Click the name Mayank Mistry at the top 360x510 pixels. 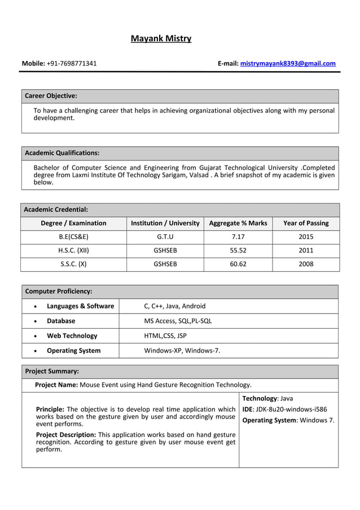161,39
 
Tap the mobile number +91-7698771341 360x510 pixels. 72,63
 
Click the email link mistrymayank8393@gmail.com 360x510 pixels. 288,63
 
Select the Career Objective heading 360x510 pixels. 51,96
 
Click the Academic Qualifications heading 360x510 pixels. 62,153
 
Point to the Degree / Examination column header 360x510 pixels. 73,223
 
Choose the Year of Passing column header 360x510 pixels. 305,223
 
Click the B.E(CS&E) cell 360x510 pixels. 73,237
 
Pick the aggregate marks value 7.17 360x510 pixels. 238,237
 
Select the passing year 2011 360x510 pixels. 305,250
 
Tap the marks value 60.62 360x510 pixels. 238,264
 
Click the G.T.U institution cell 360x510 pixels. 165,237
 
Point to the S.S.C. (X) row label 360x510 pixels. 73,264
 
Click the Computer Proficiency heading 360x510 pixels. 59,291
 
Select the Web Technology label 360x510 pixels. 72,335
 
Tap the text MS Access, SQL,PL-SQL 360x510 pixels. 178,321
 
